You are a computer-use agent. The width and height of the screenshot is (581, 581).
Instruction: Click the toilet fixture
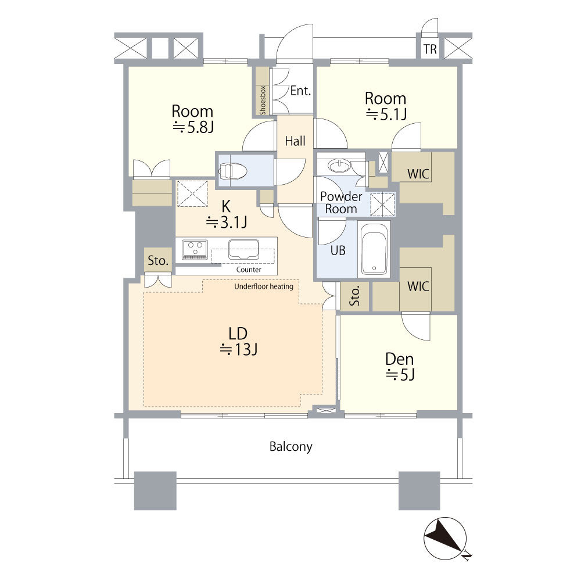coord(233,171)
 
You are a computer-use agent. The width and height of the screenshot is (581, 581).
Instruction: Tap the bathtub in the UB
coord(374,249)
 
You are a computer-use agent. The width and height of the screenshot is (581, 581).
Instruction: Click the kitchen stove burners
coord(195,249)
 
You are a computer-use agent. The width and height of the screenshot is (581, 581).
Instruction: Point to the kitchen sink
coord(244,249)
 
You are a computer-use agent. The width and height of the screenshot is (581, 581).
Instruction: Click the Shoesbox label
coord(263,100)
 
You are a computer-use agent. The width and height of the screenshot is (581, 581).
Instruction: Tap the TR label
coord(430,49)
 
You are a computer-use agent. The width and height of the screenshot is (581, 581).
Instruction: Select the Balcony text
coord(291,446)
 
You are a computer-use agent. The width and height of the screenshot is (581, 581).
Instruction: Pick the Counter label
coord(249,270)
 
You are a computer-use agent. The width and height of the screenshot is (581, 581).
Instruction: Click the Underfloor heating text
coord(264,286)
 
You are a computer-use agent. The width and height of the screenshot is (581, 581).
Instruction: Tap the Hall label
coord(295,141)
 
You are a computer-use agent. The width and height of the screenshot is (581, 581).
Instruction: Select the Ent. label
coord(300,91)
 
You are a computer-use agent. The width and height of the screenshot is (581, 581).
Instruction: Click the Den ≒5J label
coord(400,367)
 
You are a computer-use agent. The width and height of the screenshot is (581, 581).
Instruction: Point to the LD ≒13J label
coord(238,341)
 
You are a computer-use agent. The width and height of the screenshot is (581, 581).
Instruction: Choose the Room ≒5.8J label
coord(192,119)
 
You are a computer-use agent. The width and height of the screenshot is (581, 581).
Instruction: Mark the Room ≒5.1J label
coord(386,106)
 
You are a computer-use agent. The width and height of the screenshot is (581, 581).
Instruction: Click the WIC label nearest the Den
coord(418,286)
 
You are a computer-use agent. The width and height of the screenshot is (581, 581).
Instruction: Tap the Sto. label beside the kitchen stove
coord(158,260)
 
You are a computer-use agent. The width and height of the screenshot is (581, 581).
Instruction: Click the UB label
coord(338,250)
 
